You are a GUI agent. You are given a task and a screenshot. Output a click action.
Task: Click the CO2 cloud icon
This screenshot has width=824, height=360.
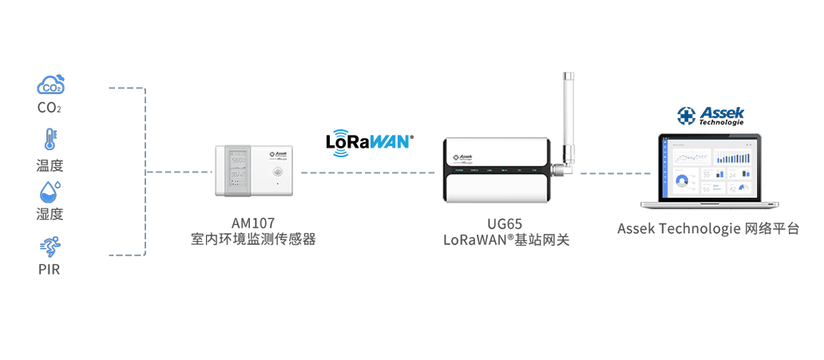point(50,85)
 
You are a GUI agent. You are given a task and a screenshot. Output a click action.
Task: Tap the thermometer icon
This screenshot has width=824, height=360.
point(50,140)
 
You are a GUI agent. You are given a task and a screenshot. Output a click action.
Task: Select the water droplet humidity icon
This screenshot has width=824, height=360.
point(50,191)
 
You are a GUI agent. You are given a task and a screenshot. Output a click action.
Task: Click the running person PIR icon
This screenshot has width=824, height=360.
point(50,246)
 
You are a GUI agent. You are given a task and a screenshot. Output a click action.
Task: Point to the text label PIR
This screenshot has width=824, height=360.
point(50,270)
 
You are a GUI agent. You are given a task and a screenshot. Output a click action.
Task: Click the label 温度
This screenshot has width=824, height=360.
point(50,166)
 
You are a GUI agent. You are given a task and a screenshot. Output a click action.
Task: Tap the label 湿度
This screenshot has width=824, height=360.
point(50,214)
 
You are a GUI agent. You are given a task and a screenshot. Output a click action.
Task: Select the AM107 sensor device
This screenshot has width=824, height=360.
point(253,171)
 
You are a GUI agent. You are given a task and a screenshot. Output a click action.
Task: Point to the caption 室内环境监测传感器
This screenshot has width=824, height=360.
point(253,239)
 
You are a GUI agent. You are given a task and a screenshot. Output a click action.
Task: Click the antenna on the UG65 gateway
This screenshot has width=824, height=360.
point(568,116)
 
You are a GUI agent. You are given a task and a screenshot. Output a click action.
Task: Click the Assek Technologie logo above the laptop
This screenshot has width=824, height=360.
point(710,116)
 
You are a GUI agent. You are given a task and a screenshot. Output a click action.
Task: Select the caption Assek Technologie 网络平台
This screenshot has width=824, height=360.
point(708,228)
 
